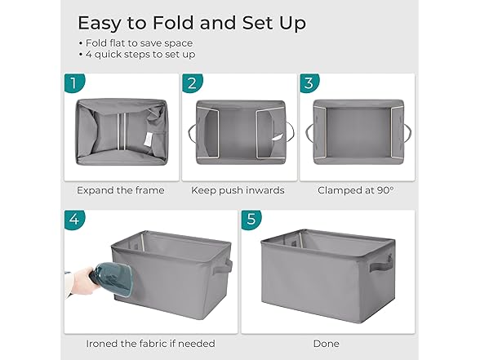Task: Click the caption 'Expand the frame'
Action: point(121,190)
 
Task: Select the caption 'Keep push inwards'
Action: point(238,190)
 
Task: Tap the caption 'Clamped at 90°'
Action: point(354,190)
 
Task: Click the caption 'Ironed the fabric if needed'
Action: point(150,344)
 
